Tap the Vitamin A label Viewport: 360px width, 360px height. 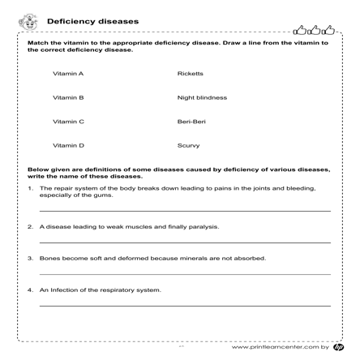point(68,73)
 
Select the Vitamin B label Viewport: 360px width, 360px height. point(68,97)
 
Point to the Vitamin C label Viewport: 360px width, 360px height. point(68,122)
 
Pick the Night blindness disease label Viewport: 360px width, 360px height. point(201,97)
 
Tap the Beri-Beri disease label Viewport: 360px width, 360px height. point(191,122)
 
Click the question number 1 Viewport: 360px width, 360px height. point(29,188)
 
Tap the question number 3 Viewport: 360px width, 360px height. point(29,258)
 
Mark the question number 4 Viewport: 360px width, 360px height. point(29,289)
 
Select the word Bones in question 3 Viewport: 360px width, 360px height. point(49,258)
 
